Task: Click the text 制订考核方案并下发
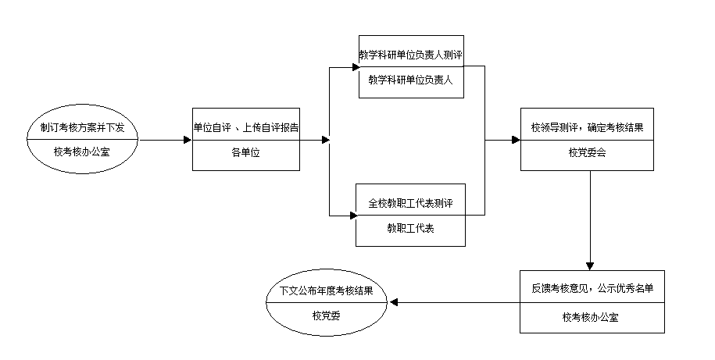click(82, 127)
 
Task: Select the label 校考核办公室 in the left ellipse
click(82, 152)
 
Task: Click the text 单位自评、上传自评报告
click(246, 127)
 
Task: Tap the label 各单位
click(246, 153)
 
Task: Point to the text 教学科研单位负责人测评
click(412, 56)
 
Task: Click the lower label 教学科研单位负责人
click(412, 80)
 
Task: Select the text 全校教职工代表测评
click(411, 204)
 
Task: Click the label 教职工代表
click(411, 229)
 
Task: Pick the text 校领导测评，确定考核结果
click(587, 127)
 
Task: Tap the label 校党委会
click(587, 153)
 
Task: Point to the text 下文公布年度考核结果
click(326, 290)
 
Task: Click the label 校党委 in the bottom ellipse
click(326, 315)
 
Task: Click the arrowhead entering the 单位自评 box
click(188, 141)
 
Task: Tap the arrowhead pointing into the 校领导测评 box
click(517, 141)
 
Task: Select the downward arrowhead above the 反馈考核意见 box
click(590, 265)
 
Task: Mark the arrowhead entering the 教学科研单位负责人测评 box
click(354, 66)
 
